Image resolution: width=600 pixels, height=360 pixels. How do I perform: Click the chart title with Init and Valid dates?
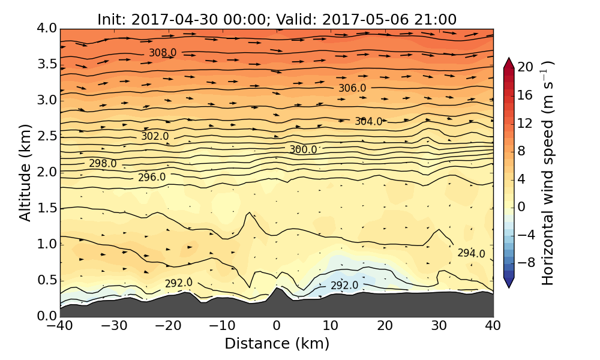(x=277, y=19)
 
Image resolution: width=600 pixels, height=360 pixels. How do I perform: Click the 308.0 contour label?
(x=163, y=53)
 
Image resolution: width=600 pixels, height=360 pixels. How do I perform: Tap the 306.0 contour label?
(x=352, y=88)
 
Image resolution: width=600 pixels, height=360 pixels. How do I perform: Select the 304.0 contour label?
(x=368, y=121)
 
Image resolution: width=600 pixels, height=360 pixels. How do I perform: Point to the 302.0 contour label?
(x=155, y=136)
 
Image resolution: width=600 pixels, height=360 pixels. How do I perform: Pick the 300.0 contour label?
(x=303, y=149)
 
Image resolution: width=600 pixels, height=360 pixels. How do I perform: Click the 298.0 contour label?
(x=103, y=163)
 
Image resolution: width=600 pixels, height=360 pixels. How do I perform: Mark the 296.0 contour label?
(x=152, y=177)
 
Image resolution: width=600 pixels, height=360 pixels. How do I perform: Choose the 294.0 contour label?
(x=471, y=253)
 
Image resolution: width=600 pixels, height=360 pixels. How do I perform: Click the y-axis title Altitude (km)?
(x=25, y=172)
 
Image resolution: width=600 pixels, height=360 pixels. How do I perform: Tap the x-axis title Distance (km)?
(x=277, y=344)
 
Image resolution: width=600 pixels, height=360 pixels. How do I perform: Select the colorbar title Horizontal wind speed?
(x=547, y=173)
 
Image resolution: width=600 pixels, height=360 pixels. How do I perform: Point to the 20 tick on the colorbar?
(x=526, y=67)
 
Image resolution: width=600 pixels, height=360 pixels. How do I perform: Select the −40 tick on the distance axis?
(x=60, y=326)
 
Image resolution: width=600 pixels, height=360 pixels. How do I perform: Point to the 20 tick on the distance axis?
(x=385, y=326)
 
